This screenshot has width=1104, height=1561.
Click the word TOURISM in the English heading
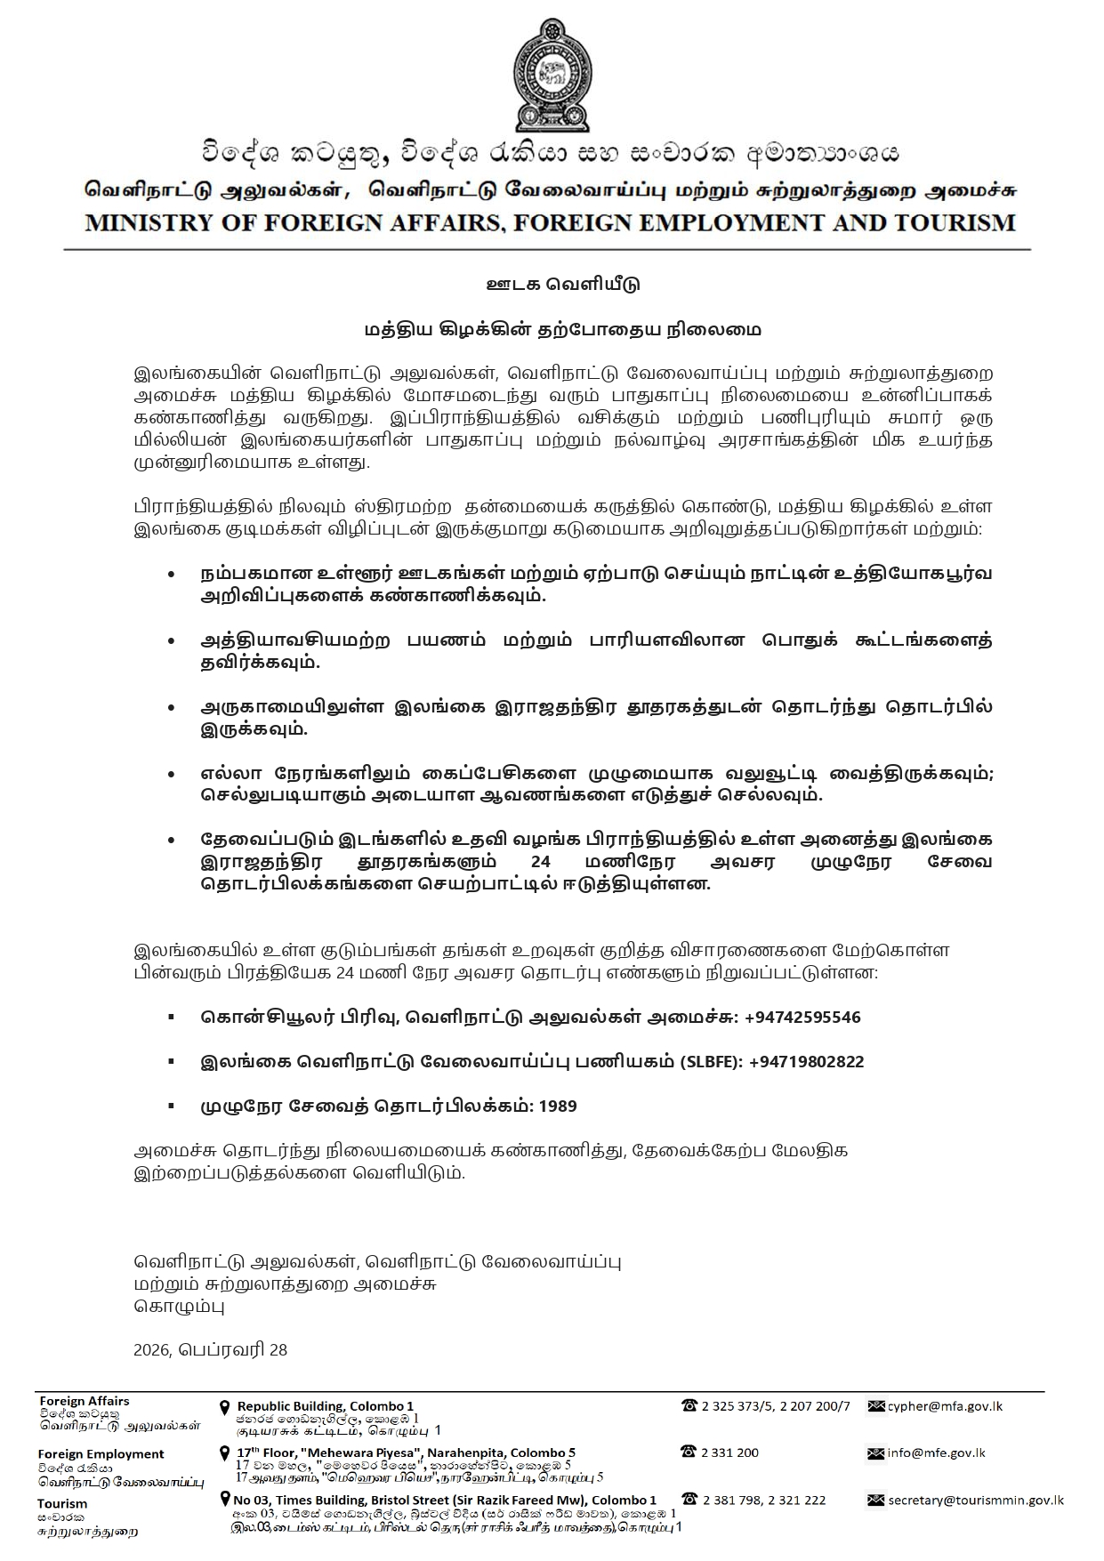956,222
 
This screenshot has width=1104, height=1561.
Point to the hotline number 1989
558,1106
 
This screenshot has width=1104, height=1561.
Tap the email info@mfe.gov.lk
936,1452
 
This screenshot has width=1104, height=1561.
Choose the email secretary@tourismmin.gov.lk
975,1500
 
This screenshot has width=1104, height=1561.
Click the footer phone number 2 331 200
729,1452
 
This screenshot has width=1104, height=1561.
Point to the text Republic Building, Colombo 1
325,1406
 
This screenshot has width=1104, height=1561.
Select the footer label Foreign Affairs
84,1400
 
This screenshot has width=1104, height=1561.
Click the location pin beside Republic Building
225,1407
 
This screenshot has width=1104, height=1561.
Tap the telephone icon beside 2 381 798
689,1500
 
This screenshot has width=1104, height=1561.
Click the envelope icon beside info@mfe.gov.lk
874,1453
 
